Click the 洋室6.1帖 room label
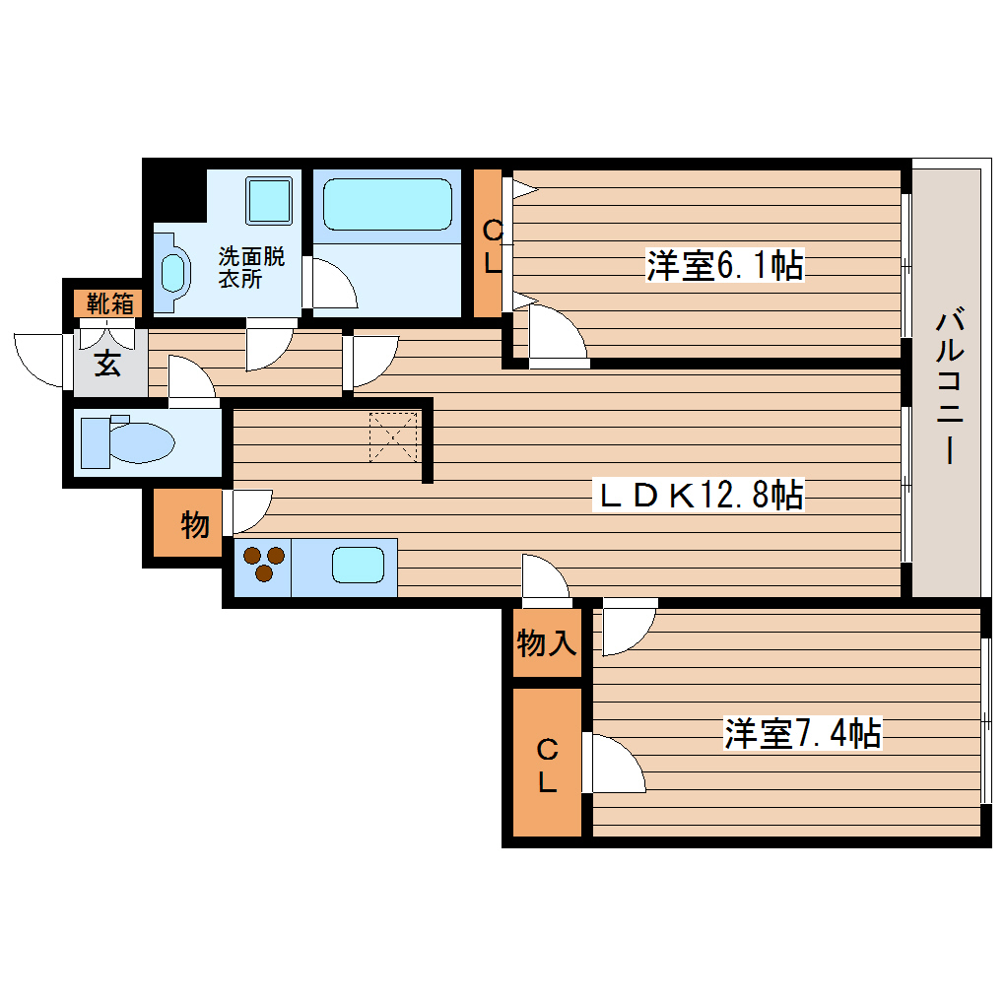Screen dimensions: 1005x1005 [724, 265]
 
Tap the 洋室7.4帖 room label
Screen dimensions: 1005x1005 [802, 733]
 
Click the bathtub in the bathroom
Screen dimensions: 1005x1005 [386, 205]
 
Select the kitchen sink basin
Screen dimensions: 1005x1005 [357, 566]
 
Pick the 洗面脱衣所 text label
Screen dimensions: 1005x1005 [251, 268]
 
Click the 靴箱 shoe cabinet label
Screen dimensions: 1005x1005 [108, 302]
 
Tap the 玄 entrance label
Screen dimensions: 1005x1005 [107, 364]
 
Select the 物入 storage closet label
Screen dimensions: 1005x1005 [547, 643]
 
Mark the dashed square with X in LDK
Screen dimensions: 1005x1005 [394, 436]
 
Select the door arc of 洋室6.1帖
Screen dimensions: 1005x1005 [557, 335]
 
